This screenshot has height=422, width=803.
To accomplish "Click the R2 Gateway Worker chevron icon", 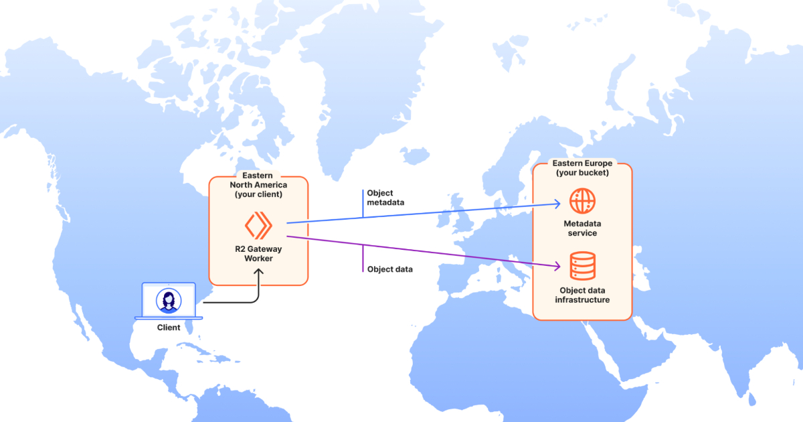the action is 258,225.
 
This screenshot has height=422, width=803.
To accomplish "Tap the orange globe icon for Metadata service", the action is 582,201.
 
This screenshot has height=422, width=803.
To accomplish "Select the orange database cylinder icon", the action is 583,266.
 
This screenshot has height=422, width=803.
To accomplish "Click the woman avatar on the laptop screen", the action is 169,301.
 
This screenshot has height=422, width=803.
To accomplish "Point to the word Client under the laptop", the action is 169,328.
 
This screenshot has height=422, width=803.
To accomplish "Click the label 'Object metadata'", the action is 385,198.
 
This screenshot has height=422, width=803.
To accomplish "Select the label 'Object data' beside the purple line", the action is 389,269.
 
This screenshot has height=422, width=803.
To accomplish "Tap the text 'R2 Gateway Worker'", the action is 258,253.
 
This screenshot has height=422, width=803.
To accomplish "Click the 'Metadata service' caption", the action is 582,228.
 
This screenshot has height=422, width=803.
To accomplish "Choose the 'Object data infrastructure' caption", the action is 582,295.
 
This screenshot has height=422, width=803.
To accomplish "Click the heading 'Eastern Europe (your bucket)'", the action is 582,168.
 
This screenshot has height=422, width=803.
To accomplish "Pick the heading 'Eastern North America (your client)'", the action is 258,185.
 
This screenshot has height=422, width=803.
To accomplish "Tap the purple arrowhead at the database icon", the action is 557,266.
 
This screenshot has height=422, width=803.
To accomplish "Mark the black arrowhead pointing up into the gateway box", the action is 258,272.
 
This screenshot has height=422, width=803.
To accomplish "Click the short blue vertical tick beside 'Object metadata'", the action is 363,204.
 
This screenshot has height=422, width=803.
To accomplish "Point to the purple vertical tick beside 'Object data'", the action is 363,259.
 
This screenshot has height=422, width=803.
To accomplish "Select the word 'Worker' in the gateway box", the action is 258,259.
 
